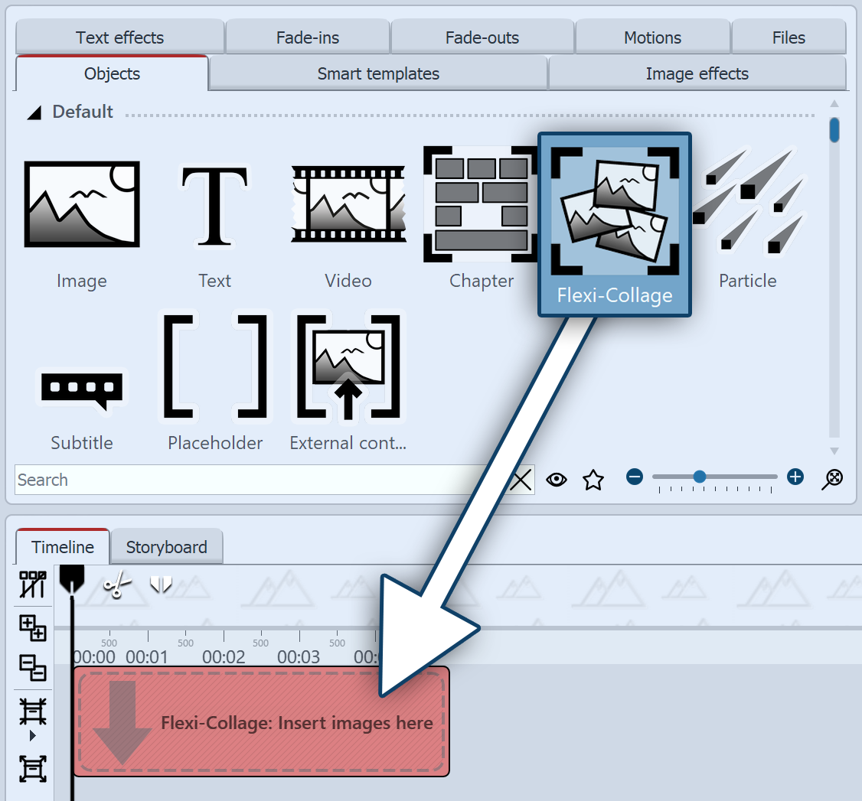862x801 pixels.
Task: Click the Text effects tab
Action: click(x=119, y=37)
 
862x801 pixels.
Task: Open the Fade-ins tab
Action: click(x=308, y=37)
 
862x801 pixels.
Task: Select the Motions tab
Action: click(x=652, y=37)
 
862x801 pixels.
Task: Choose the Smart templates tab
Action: click(x=378, y=74)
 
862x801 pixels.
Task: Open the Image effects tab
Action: click(x=697, y=74)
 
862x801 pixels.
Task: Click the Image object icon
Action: click(x=82, y=204)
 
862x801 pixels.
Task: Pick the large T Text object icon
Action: click(x=214, y=204)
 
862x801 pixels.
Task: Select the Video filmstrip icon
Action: click(x=348, y=204)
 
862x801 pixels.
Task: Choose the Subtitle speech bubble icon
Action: click(x=82, y=391)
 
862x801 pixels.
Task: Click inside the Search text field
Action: click(x=253, y=480)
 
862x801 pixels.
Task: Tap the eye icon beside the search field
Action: click(x=557, y=480)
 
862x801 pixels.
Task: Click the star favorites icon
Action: click(x=593, y=480)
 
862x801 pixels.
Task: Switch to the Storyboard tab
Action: click(x=166, y=547)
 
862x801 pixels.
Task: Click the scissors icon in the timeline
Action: click(x=116, y=585)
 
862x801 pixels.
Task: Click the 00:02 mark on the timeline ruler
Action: click(x=224, y=656)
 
